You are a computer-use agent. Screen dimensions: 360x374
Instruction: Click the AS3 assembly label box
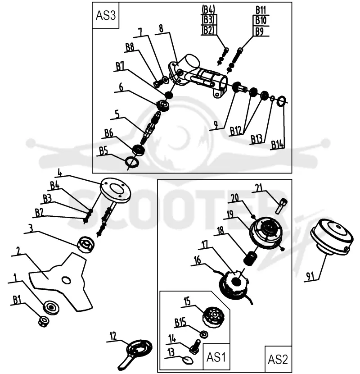[106, 15]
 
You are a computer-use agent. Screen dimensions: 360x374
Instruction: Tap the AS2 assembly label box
[278, 359]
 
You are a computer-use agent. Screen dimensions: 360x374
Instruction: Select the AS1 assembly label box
[216, 357]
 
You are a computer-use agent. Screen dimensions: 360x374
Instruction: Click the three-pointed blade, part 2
[61, 282]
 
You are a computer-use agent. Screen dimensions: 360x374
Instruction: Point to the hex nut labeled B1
[44, 321]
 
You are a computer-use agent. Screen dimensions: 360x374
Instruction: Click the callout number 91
[310, 276]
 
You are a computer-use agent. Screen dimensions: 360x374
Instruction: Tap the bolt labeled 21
[281, 205]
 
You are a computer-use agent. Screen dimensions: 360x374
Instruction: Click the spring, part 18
[250, 258]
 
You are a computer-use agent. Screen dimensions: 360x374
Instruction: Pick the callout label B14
[278, 145]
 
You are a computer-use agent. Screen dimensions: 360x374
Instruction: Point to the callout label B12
[236, 131]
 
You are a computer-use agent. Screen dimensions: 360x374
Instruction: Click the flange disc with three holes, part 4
[116, 189]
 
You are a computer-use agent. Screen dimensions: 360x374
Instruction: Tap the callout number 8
[161, 28]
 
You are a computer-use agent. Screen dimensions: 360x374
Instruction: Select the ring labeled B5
[132, 162]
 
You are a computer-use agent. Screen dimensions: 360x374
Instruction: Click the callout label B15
[180, 323]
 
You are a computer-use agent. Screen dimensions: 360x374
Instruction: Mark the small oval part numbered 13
[188, 360]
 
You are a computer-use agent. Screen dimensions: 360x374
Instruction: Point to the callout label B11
[261, 10]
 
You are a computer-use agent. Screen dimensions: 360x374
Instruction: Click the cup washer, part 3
[86, 245]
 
